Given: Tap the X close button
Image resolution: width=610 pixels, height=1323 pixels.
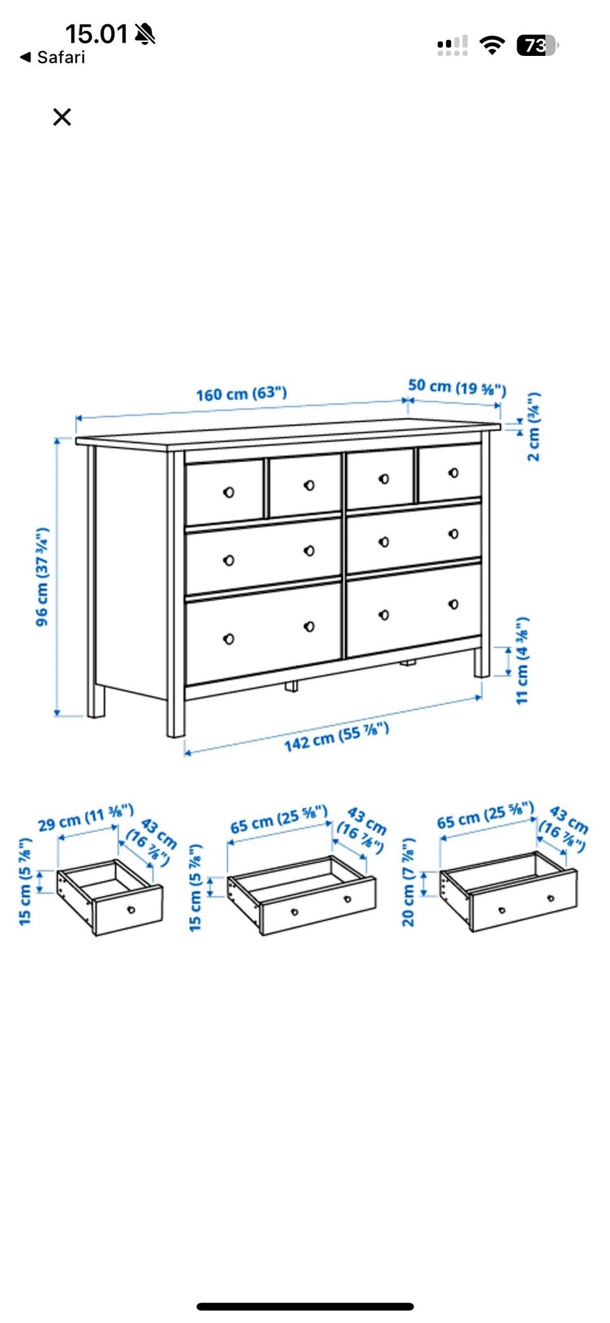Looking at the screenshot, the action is tap(62, 117).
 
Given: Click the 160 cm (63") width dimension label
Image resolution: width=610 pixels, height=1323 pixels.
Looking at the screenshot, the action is tap(241, 394).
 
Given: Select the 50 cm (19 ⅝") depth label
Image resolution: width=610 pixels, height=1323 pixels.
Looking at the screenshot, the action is tap(457, 387).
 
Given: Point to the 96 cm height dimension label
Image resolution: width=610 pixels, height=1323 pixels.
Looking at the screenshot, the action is tap(43, 576).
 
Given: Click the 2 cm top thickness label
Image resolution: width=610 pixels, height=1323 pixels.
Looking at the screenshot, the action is tap(534, 427).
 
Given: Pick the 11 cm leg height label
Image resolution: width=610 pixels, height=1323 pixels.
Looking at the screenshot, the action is tap(522, 660).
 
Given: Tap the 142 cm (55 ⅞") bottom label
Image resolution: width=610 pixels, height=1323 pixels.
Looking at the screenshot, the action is tap(336, 737).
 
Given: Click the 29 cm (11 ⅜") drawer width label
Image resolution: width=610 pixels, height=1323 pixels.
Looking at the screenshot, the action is tap(86, 818).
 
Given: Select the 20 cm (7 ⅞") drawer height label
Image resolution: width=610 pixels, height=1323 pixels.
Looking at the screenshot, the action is tap(409, 882).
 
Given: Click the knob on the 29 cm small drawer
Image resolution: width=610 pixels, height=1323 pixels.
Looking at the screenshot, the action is tap(131, 910).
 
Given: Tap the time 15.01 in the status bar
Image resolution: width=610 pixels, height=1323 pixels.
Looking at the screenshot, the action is tap(97, 34).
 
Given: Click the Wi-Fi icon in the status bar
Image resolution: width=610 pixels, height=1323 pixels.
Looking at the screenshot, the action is tap(492, 45).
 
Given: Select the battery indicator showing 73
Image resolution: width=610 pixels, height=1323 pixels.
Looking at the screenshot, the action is tap(538, 45).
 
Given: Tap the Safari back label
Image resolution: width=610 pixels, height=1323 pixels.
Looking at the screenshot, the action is tap(53, 57).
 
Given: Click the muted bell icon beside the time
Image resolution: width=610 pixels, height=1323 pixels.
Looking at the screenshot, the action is tap(145, 34).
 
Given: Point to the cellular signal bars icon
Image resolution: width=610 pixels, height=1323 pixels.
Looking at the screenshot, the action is tap(452, 45).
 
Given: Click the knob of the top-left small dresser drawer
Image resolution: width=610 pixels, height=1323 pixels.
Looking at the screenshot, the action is tap(229, 492).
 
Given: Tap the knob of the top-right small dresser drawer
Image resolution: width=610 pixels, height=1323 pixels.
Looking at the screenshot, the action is tap(453, 473).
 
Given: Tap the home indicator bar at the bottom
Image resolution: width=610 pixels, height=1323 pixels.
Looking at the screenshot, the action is tap(305, 1306).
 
